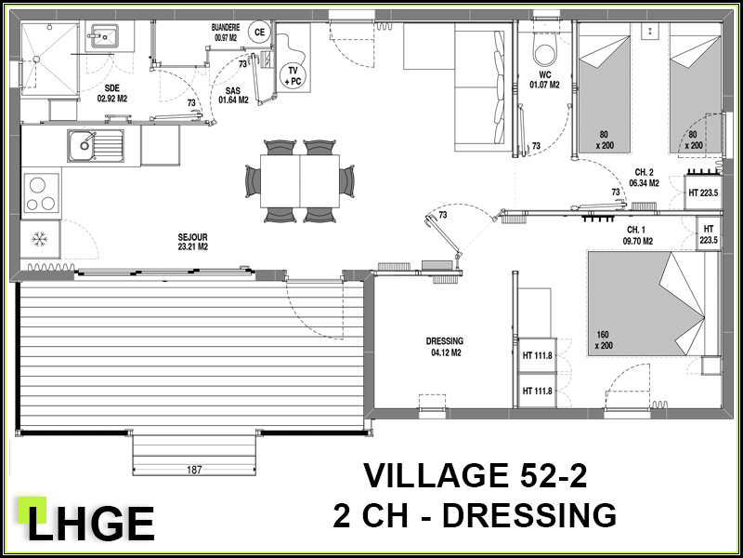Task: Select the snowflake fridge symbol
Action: (x=40, y=240)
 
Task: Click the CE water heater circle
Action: (x=259, y=33)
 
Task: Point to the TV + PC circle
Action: (x=293, y=76)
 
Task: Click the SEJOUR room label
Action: (x=193, y=242)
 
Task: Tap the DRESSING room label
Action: (x=444, y=346)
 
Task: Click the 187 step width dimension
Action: (x=194, y=471)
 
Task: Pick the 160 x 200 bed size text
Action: (x=604, y=340)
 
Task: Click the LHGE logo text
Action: (x=90, y=523)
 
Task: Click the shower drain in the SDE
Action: (x=35, y=59)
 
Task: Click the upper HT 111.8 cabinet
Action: (x=538, y=355)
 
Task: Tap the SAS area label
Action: (x=233, y=96)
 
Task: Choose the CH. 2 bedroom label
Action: (x=644, y=178)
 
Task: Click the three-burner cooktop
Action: (x=41, y=193)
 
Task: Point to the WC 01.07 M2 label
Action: (x=544, y=80)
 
